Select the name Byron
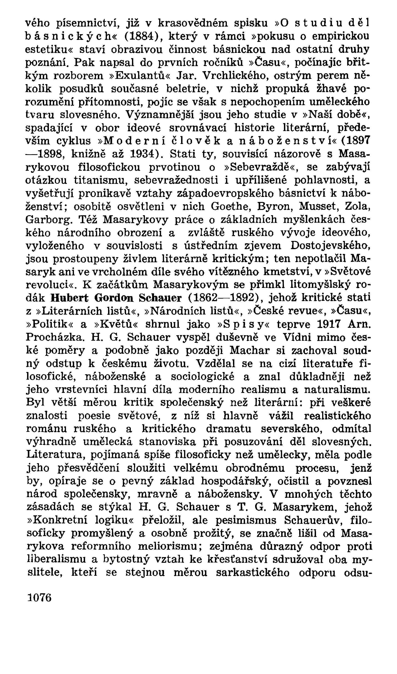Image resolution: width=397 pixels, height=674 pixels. click(x=274, y=206)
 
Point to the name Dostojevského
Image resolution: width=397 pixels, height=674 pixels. click(x=330, y=245)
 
